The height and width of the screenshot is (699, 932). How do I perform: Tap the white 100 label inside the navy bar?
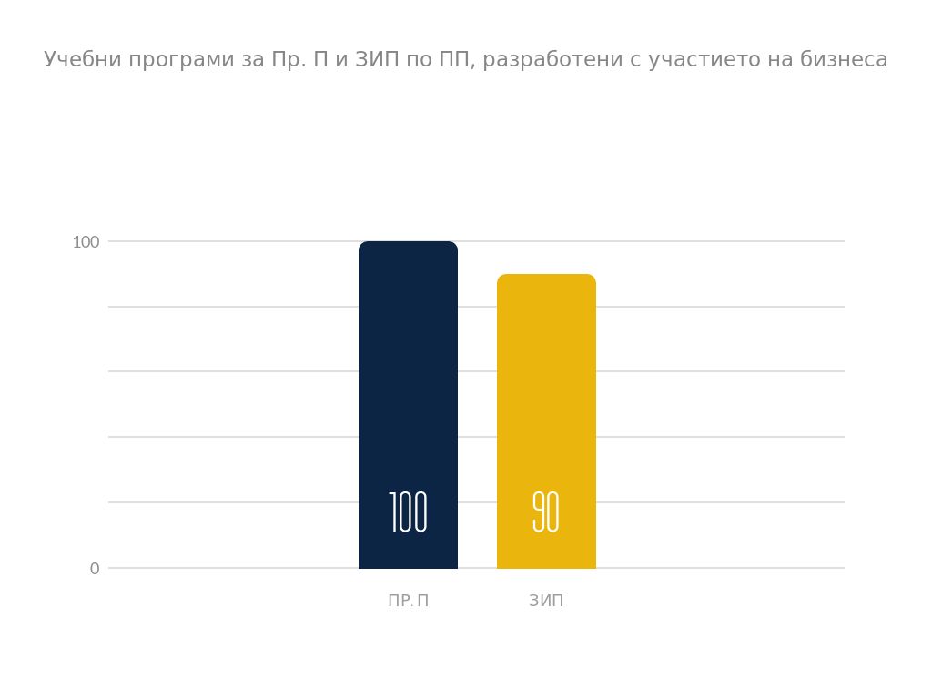click(x=408, y=512)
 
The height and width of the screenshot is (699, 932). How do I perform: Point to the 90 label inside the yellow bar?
click(x=546, y=512)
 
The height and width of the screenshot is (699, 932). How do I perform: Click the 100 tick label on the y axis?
click(x=86, y=242)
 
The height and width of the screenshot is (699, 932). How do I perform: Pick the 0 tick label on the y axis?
click(x=95, y=569)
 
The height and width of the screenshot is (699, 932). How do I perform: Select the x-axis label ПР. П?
click(x=408, y=602)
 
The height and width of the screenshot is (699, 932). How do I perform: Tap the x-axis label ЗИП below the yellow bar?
click(x=546, y=602)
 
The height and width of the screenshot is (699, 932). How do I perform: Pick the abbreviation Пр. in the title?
click(x=288, y=61)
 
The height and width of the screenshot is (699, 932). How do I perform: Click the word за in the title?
click(x=240, y=61)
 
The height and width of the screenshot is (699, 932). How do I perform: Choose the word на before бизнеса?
click(x=780, y=60)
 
